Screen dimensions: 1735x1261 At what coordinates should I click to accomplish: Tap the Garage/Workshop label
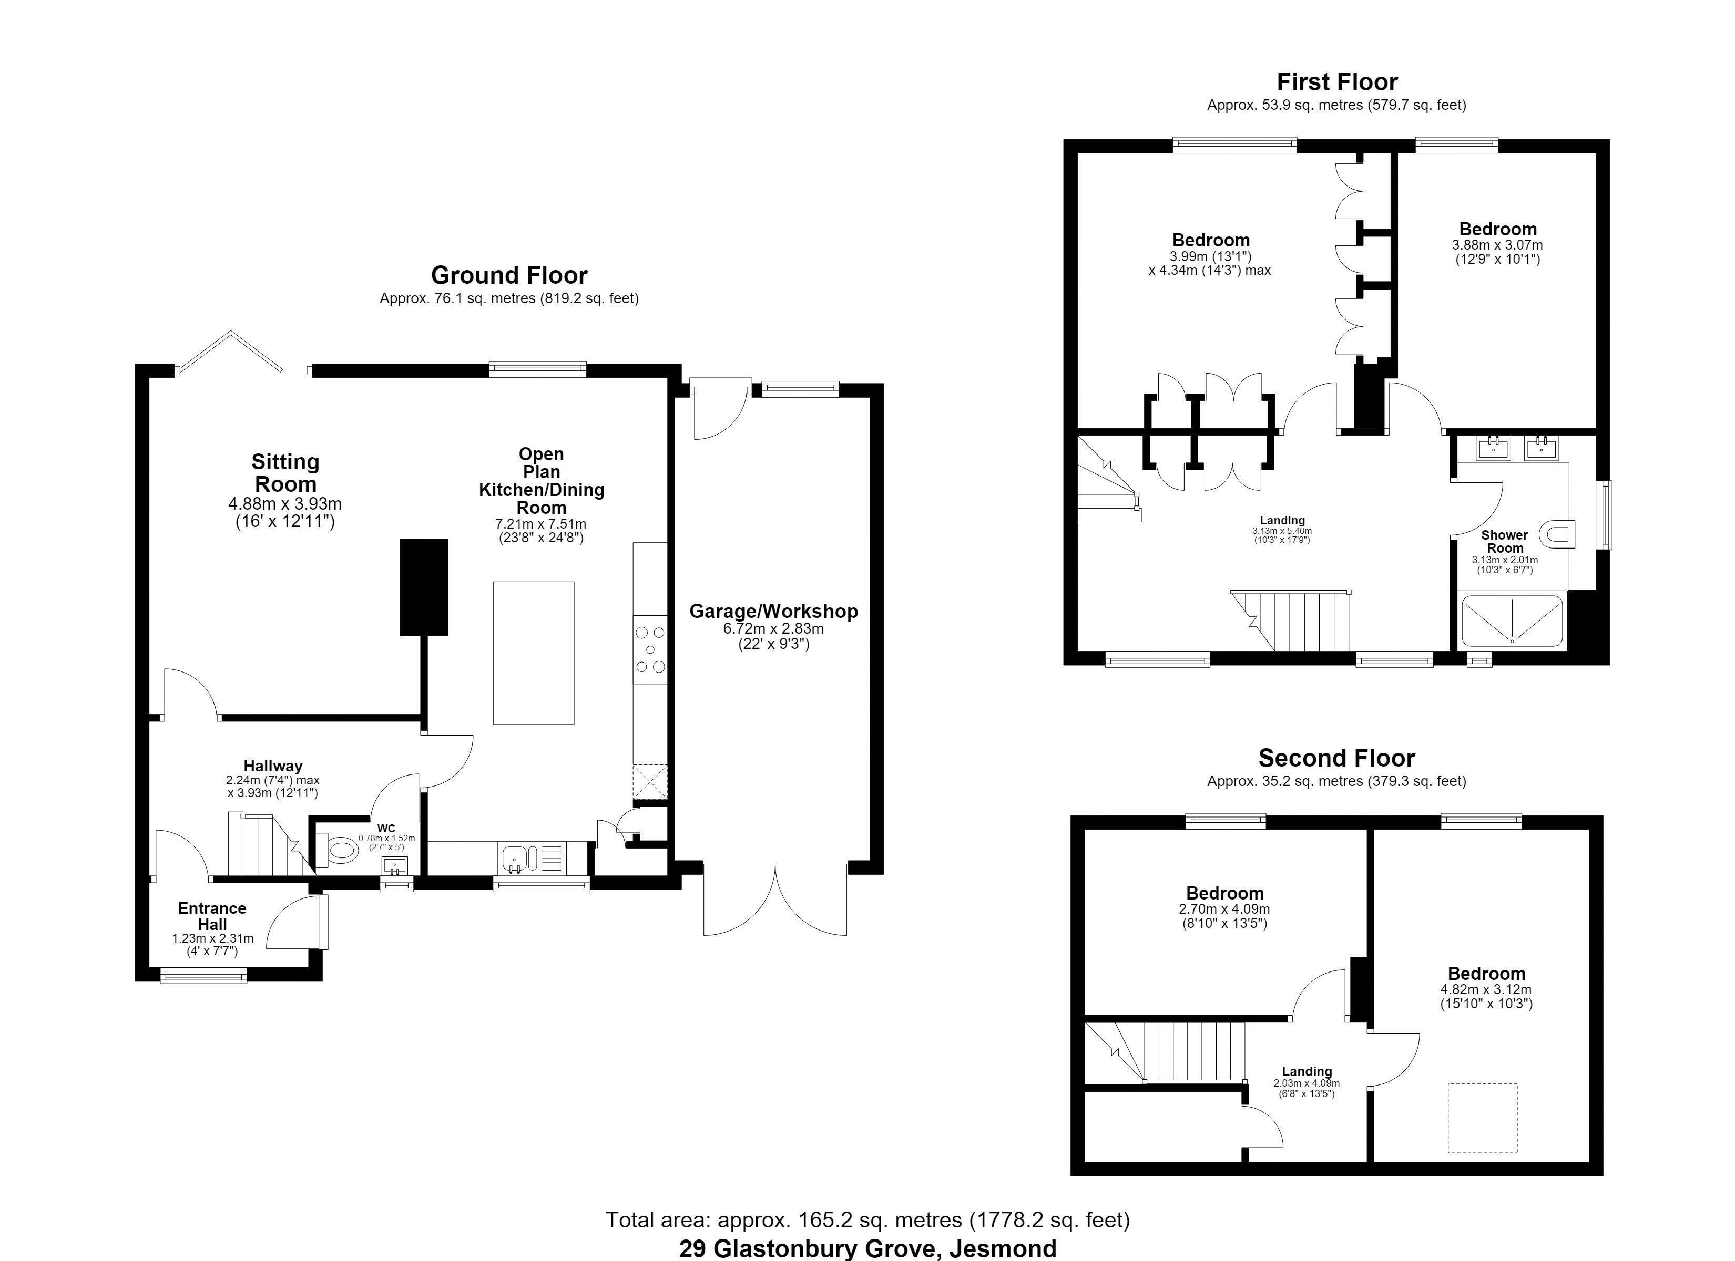pyautogui.click(x=773, y=611)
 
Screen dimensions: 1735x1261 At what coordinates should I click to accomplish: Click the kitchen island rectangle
pyautogui.click(x=533, y=652)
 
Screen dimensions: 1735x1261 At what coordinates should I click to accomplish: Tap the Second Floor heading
pyautogui.click(x=1336, y=758)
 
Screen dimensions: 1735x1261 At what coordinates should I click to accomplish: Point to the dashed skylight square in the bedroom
pyautogui.click(x=1482, y=1118)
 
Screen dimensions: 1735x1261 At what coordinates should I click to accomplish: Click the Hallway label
pyautogui.click(x=273, y=766)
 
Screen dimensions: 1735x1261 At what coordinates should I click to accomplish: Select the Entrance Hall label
pyautogui.click(x=212, y=916)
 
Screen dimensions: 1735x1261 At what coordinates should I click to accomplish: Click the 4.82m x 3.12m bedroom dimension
pyautogui.click(x=1486, y=989)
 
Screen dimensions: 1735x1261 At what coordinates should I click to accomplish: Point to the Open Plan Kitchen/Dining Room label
pyautogui.click(x=542, y=480)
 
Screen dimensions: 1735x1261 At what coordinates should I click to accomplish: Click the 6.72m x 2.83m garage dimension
pyautogui.click(x=773, y=628)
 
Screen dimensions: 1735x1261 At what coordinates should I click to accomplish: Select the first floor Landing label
pyautogui.click(x=1282, y=521)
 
